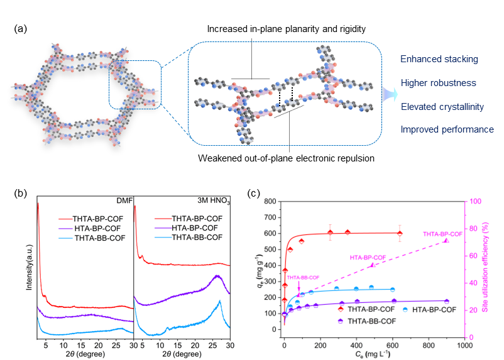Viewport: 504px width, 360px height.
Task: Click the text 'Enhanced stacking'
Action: [439, 59]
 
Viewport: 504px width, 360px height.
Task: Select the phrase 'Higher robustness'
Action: [438, 83]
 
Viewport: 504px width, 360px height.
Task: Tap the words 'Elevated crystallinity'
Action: [442, 106]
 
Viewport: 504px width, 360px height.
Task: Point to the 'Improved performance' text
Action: [447, 129]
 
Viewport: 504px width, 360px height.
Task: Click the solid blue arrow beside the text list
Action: [388, 95]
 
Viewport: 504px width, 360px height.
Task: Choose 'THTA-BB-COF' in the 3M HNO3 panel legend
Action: [197, 237]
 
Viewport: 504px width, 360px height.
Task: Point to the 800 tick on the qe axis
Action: [270, 201]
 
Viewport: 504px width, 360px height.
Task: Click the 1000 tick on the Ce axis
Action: [464, 345]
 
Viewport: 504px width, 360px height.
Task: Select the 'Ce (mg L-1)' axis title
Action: [374, 354]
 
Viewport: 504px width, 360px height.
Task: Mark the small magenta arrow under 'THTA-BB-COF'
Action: [299, 286]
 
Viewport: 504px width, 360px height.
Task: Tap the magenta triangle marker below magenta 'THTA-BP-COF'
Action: [446, 241]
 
